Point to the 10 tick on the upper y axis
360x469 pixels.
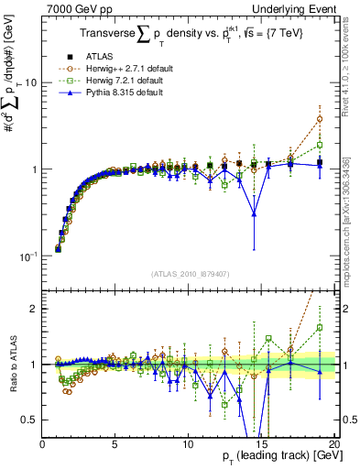pos(29,82)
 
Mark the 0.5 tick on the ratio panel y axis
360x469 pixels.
pos(29,420)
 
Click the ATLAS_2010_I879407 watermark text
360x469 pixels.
pos(190,272)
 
